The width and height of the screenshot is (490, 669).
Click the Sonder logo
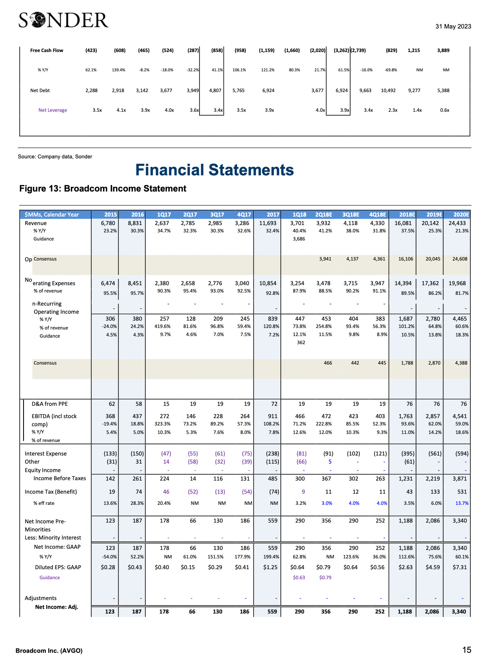64,20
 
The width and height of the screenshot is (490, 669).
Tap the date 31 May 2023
453,27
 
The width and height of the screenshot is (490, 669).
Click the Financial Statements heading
215,170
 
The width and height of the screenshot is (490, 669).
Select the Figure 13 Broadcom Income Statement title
103,188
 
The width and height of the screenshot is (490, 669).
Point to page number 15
467,650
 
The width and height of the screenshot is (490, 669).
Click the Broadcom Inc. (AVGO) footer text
49,651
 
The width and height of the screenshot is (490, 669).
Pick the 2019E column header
434,215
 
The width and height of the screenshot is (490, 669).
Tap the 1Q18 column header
299,215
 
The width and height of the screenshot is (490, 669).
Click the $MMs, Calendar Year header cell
52,215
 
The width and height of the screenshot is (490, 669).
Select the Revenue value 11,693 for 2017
267,223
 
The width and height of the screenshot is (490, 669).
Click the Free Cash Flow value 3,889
443,50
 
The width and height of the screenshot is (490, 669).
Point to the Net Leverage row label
53,110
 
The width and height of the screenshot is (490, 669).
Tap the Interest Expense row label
45,454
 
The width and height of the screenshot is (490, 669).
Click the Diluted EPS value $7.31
460,567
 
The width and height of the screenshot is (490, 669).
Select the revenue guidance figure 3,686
299,239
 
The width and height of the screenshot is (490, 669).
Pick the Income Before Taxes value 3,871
460,479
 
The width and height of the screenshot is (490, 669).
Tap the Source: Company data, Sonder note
55,156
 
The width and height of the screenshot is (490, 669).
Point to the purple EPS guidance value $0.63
299,578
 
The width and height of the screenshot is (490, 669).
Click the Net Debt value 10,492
388,91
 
